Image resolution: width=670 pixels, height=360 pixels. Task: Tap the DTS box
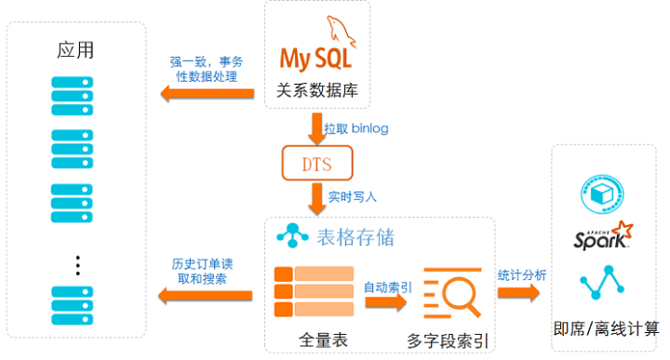pyautogui.click(x=317, y=163)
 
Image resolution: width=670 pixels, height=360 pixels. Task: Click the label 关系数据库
pyautogui.click(x=317, y=90)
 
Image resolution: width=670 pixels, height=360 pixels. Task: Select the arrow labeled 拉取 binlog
pyautogui.click(x=316, y=128)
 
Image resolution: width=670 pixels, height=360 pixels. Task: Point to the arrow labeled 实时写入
pyautogui.click(x=316, y=198)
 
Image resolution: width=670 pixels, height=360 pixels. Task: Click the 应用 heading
pyautogui.click(x=75, y=50)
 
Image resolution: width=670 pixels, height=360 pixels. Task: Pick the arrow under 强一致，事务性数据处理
pyautogui.click(x=208, y=94)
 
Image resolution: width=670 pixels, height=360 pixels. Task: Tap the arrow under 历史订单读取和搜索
pyautogui.click(x=205, y=296)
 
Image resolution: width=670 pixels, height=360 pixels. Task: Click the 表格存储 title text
pyautogui.click(x=355, y=237)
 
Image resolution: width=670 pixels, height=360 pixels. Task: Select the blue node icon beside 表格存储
pyautogui.click(x=292, y=235)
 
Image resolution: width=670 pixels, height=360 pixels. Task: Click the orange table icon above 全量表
pyautogui.click(x=315, y=292)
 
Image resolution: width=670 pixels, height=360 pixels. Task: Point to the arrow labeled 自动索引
pyautogui.click(x=385, y=302)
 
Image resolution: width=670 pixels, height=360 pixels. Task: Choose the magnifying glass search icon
pyautogui.click(x=452, y=293)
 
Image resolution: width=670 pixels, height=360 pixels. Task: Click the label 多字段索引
pyautogui.click(x=448, y=340)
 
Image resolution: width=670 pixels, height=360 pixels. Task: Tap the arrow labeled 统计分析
pyautogui.click(x=518, y=292)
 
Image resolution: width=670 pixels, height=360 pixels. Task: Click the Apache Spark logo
pyautogui.click(x=603, y=235)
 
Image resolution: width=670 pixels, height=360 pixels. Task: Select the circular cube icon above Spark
pyautogui.click(x=602, y=193)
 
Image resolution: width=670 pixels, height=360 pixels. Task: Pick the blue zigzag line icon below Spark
pyautogui.click(x=602, y=282)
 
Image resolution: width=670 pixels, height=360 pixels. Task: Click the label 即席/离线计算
pyautogui.click(x=606, y=328)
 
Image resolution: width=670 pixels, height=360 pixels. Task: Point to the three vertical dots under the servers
pyautogui.click(x=78, y=266)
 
